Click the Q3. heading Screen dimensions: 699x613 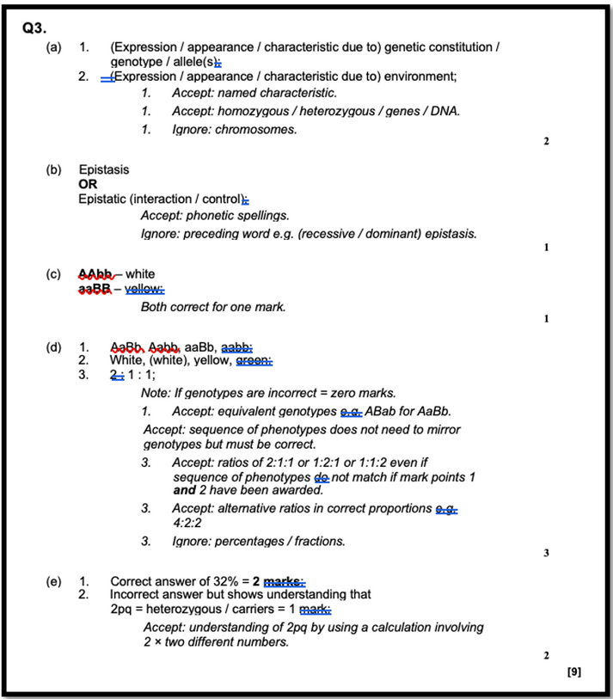pyautogui.click(x=34, y=28)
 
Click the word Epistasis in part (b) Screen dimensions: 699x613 pyautogui.click(x=103, y=170)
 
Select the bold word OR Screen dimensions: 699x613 pyautogui.click(x=88, y=184)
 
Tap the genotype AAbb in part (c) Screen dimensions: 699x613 pyautogui.click(x=95, y=274)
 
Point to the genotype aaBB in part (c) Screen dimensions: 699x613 pyautogui.click(x=95, y=288)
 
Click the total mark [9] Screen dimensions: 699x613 pyautogui.click(x=574, y=671)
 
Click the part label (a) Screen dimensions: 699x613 pyautogui.click(x=54, y=47)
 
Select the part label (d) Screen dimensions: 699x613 pyautogui.click(x=54, y=347)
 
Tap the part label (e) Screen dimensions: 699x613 pyautogui.click(x=54, y=581)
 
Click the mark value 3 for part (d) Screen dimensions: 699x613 pyautogui.click(x=546, y=553)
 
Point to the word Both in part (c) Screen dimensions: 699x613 pyautogui.click(x=154, y=307)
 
